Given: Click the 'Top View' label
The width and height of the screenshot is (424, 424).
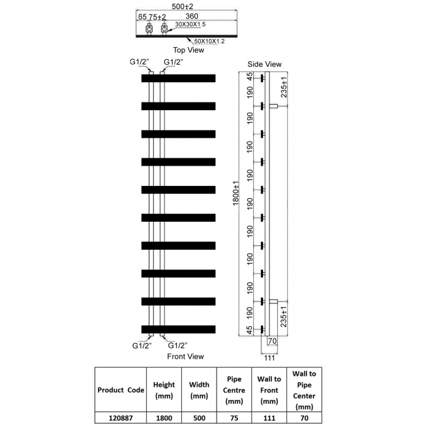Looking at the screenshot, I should tap(189, 50).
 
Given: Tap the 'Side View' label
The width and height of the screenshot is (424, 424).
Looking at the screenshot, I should tap(264, 64).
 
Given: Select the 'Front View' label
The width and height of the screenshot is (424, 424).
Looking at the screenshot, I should tap(185, 356).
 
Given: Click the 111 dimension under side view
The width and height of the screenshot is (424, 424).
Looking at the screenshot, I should tap(269, 357).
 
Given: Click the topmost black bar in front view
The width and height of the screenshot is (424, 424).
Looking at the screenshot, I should tap(178, 78).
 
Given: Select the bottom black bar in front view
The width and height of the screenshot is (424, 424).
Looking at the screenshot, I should tap(178, 329).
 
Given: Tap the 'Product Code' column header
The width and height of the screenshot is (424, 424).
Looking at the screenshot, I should tap(119, 389).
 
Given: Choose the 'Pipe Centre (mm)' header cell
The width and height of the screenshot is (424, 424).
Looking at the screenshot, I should tap(234, 389).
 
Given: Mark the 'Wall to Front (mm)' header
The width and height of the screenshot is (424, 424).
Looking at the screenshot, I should tap(269, 389).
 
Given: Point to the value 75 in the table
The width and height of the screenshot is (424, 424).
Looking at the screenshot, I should tap(234, 416).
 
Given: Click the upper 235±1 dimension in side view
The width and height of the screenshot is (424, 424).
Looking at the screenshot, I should tap(284, 91).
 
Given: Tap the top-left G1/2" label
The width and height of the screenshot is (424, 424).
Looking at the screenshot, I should tap(140, 62).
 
